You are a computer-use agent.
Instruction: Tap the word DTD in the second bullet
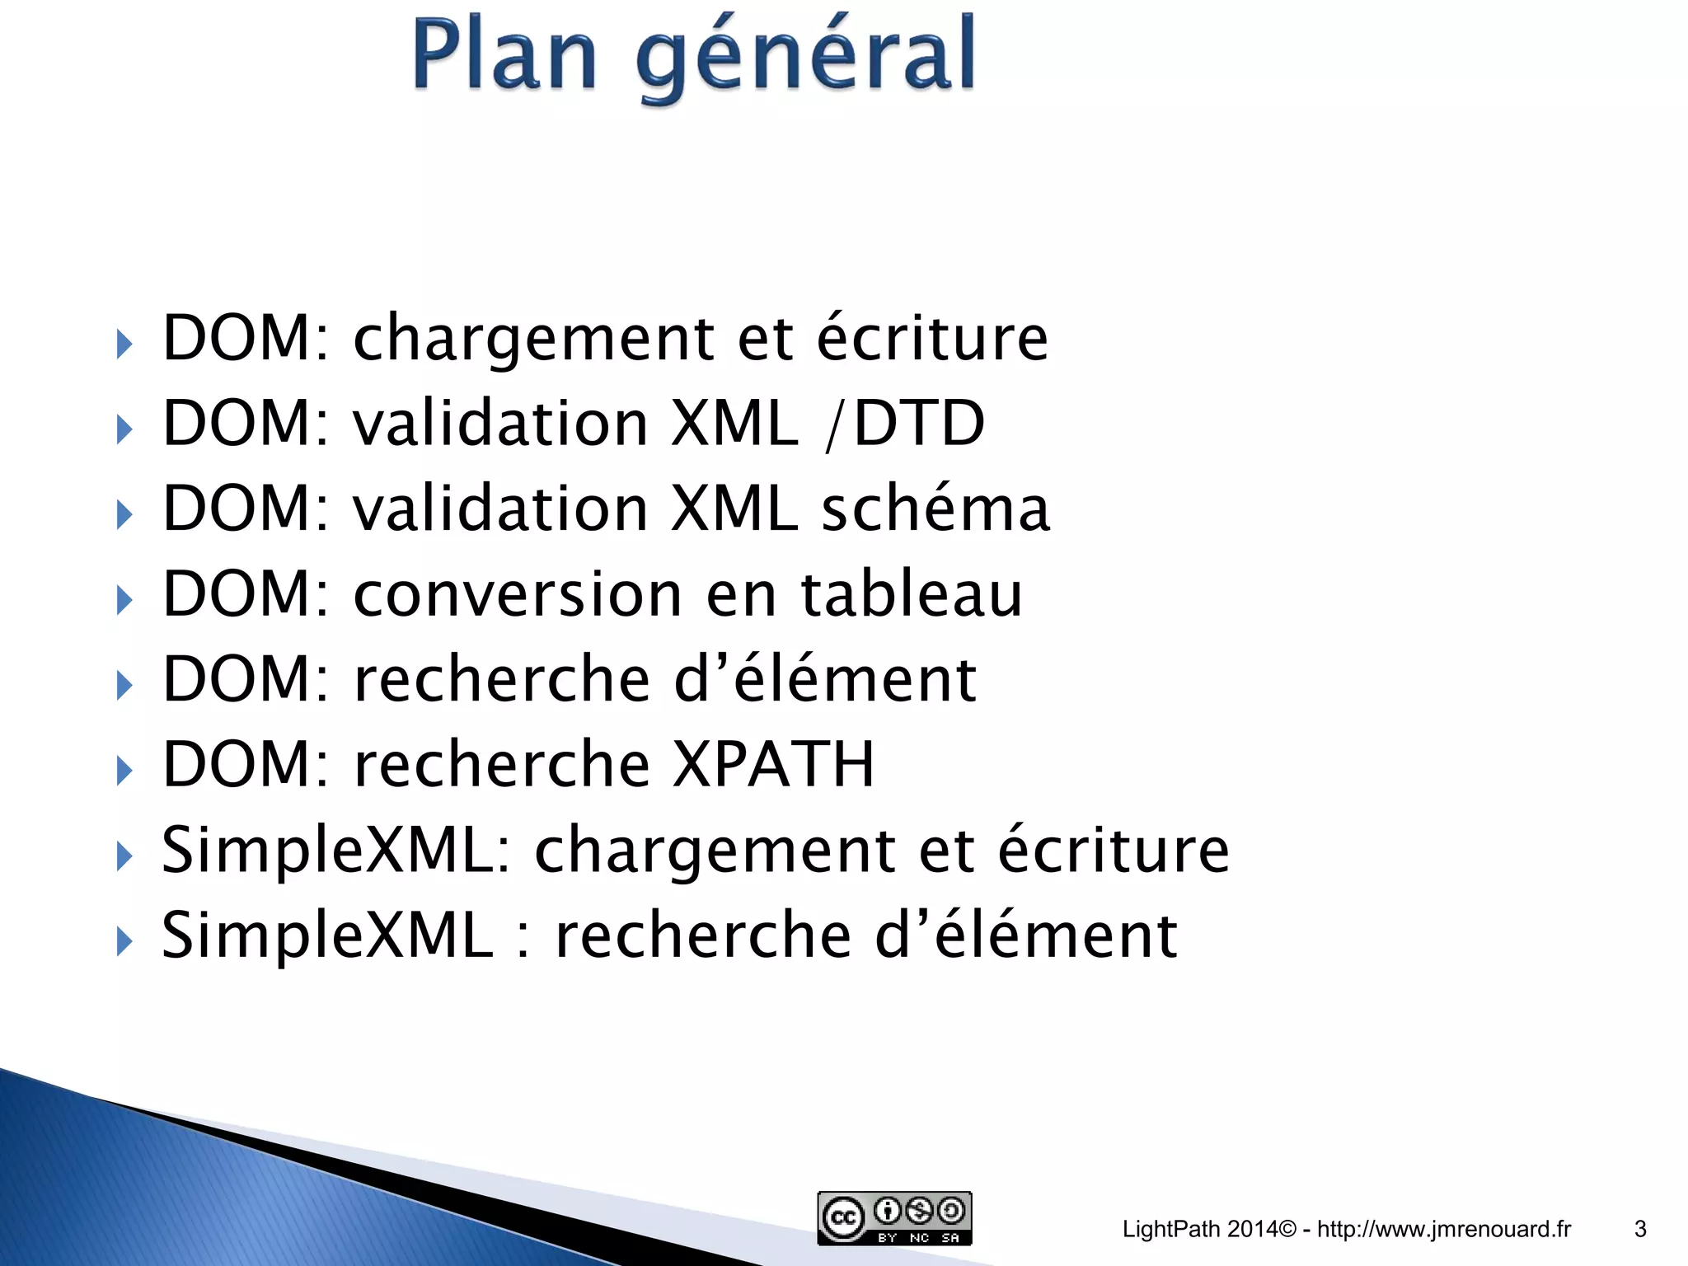tap(919, 423)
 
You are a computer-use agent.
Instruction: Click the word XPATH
tap(773, 764)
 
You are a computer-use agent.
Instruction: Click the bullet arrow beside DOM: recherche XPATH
tap(124, 771)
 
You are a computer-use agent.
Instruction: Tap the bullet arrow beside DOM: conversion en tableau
tap(124, 600)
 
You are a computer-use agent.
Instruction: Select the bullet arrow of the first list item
tap(124, 345)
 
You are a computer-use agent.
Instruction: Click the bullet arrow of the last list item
tap(124, 940)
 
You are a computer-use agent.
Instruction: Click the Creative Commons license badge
tap(894, 1217)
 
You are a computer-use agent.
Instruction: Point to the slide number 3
tap(1640, 1229)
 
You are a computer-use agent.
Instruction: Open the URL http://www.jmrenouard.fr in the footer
tap(1444, 1229)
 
